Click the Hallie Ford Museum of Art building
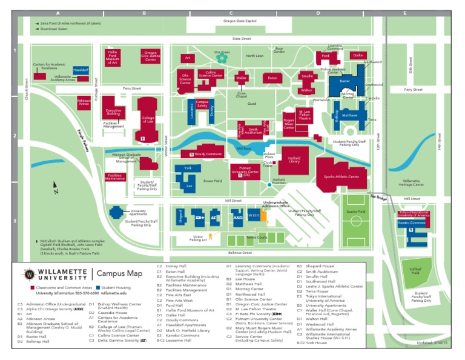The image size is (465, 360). point(112,58)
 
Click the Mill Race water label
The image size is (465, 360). point(243,148)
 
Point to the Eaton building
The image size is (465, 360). point(272,78)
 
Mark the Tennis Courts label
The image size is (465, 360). point(256,238)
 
